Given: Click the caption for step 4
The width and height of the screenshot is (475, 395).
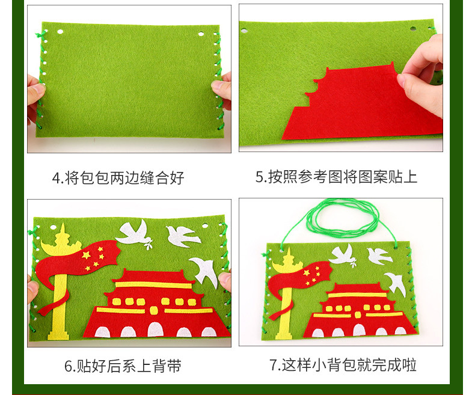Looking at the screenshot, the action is [x=118, y=177].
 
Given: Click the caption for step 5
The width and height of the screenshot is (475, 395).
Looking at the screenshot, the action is [x=336, y=177].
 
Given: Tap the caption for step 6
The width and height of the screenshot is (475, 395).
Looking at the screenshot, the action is [x=123, y=366].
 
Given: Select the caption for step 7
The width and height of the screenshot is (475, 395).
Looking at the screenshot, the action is [x=343, y=365].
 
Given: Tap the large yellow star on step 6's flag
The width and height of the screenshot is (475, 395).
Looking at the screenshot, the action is [x=87, y=255].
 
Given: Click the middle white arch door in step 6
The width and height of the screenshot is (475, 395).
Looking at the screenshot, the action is [x=155, y=329].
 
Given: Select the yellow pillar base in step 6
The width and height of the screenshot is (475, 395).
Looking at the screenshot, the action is [x=58, y=335].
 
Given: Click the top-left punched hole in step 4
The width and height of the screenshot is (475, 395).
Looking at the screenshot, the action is [x=60, y=31].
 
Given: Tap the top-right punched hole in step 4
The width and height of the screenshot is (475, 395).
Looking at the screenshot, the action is [x=201, y=34].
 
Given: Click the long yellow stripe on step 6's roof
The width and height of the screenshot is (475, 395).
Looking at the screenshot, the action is [x=154, y=285].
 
